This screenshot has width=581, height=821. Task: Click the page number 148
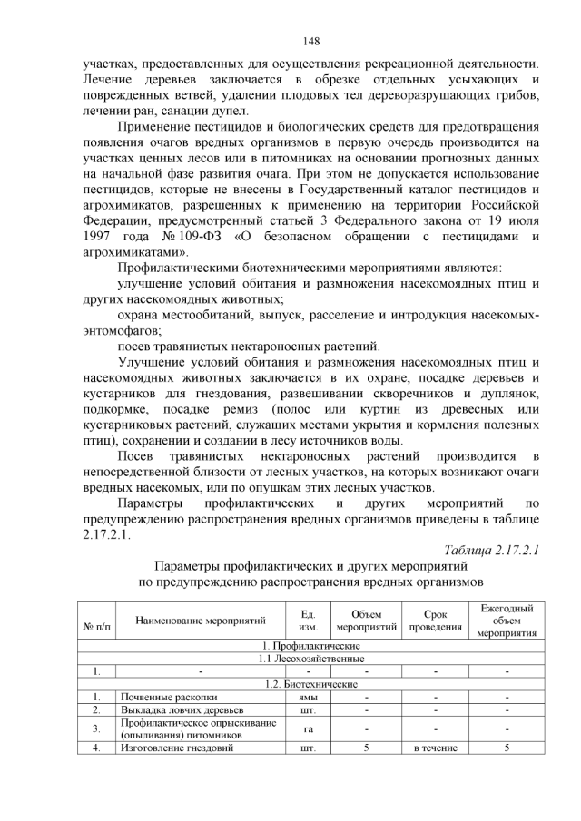[309, 41]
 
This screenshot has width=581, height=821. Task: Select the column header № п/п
[95, 627]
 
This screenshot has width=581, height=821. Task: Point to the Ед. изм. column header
[308, 621]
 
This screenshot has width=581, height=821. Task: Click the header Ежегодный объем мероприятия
[507, 621]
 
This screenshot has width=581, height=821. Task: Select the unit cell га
[308, 728]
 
